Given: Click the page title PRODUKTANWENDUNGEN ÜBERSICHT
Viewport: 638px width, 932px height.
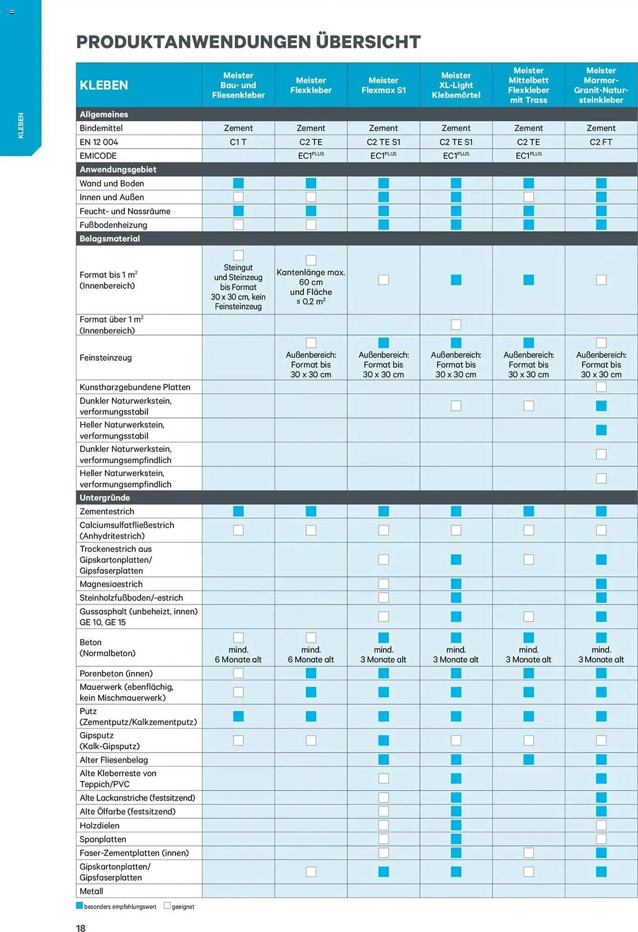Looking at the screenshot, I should click(x=248, y=42).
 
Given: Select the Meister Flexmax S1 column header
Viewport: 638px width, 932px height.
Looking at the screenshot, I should click(x=383, y=85).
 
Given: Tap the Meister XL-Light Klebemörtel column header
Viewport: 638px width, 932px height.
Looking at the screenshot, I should click(x=456, y=85).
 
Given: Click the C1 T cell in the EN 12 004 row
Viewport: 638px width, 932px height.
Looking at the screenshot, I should click(x=238, y=142).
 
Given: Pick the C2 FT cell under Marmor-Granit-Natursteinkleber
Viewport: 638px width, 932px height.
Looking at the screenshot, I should click(x=601, y=142).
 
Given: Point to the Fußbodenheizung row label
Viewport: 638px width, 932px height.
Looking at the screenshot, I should click(x=113, y=225).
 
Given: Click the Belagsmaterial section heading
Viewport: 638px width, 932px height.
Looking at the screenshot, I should click(x=110, y=239).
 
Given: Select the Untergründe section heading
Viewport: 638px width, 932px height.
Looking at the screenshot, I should click(x=104, y=498).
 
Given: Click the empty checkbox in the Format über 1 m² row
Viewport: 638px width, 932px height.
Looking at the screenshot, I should click(x=456, y=324).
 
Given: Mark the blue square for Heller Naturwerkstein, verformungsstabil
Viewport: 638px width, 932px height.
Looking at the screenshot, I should click(x=601, y=430).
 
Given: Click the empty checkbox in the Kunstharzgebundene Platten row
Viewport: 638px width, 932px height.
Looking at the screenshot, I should click(x=601, y=387).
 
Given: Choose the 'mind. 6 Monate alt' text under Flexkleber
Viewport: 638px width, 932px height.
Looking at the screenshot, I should click(x=311, y=655).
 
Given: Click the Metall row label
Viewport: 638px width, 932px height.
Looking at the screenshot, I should click(x=91, y=891).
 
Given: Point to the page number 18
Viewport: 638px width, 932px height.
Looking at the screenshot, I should click(x=81, y=928).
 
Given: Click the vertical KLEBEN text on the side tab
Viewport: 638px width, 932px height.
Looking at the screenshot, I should click(x=21, y=125).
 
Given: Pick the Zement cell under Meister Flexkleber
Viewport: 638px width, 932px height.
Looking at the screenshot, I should click(x=311, y=128).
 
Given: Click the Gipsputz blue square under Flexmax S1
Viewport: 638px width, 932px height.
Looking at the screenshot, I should click(x=383, y=740).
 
